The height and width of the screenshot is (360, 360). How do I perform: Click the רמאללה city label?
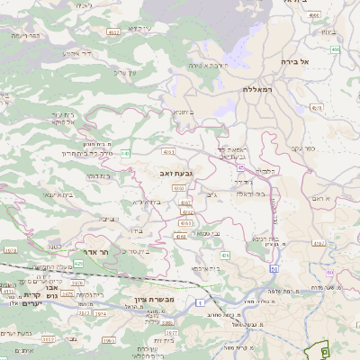click(x=257, y=90)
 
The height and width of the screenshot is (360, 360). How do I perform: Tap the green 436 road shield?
click(x=225, y=256)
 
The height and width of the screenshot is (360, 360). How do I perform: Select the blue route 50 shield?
click(x=274, y=269)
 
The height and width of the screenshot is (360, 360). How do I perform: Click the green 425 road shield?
click(x=78, y=265)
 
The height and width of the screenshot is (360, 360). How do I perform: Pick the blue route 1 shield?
click(x=197, y=303)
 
